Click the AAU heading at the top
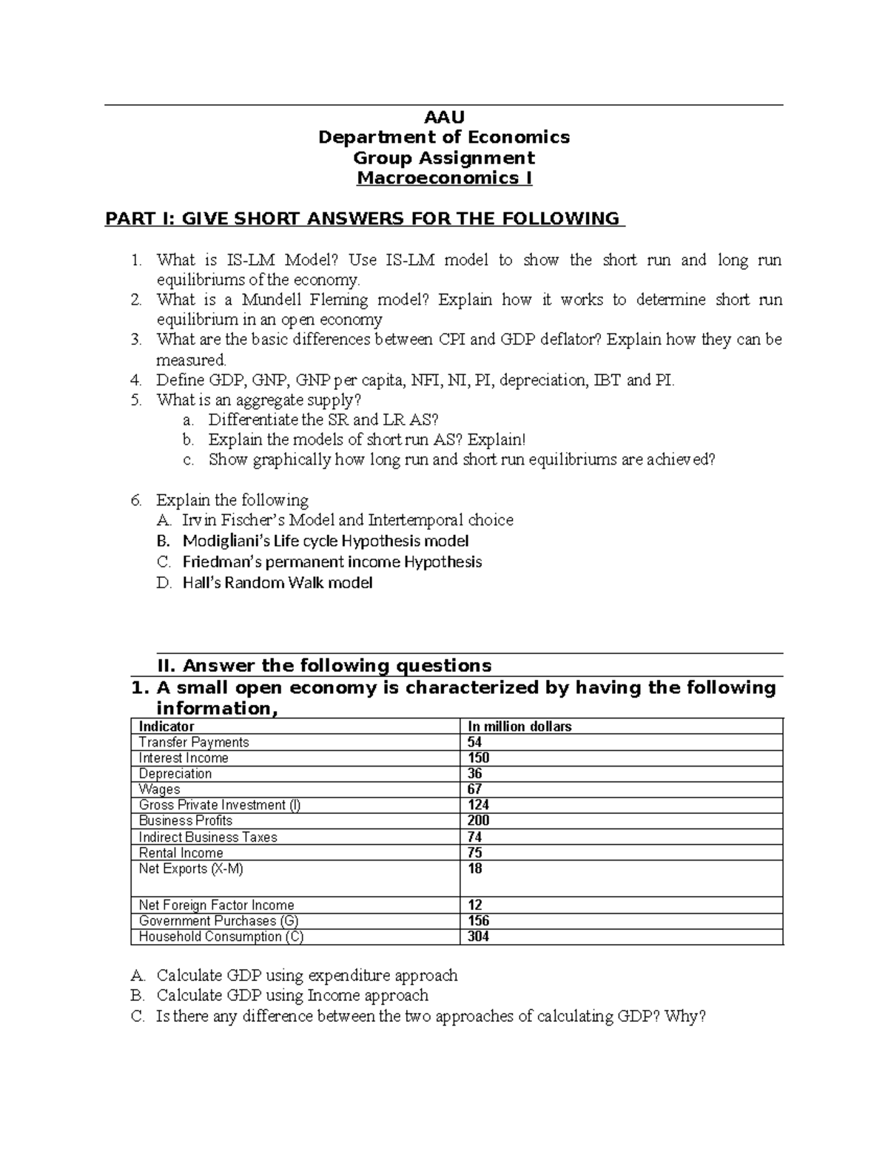pyautogui.click(x=443, y=116)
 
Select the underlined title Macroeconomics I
pyautogui.click(x=444, y=178)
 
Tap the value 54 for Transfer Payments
pyautogui.click(x=474, y=742)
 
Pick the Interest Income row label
pyautogui.click(x=184, y=758)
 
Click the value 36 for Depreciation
pyautogui.click(x=474, y=774)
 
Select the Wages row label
pyautogui.click(x=159, y=789)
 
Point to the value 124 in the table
pyautogui.click(x=478, y=805)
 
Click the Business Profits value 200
pyautogui.click(x=478, y=821)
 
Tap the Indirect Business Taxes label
pyautogui.click(x=208, y=837)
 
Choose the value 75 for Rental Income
pyautogui.click(x=474, y=852)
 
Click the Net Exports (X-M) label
pyautogui.click(x=191, y=869)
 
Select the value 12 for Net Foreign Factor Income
pyautogui.click(x=474, y=905)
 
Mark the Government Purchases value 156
pyautogui.click(x=478, y=921)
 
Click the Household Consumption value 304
pyautogui.click(x=478, y=937)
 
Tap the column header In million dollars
pyautogui.click(x=519, y=727)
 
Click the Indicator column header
pyautogui.click(x=166, y=727)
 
